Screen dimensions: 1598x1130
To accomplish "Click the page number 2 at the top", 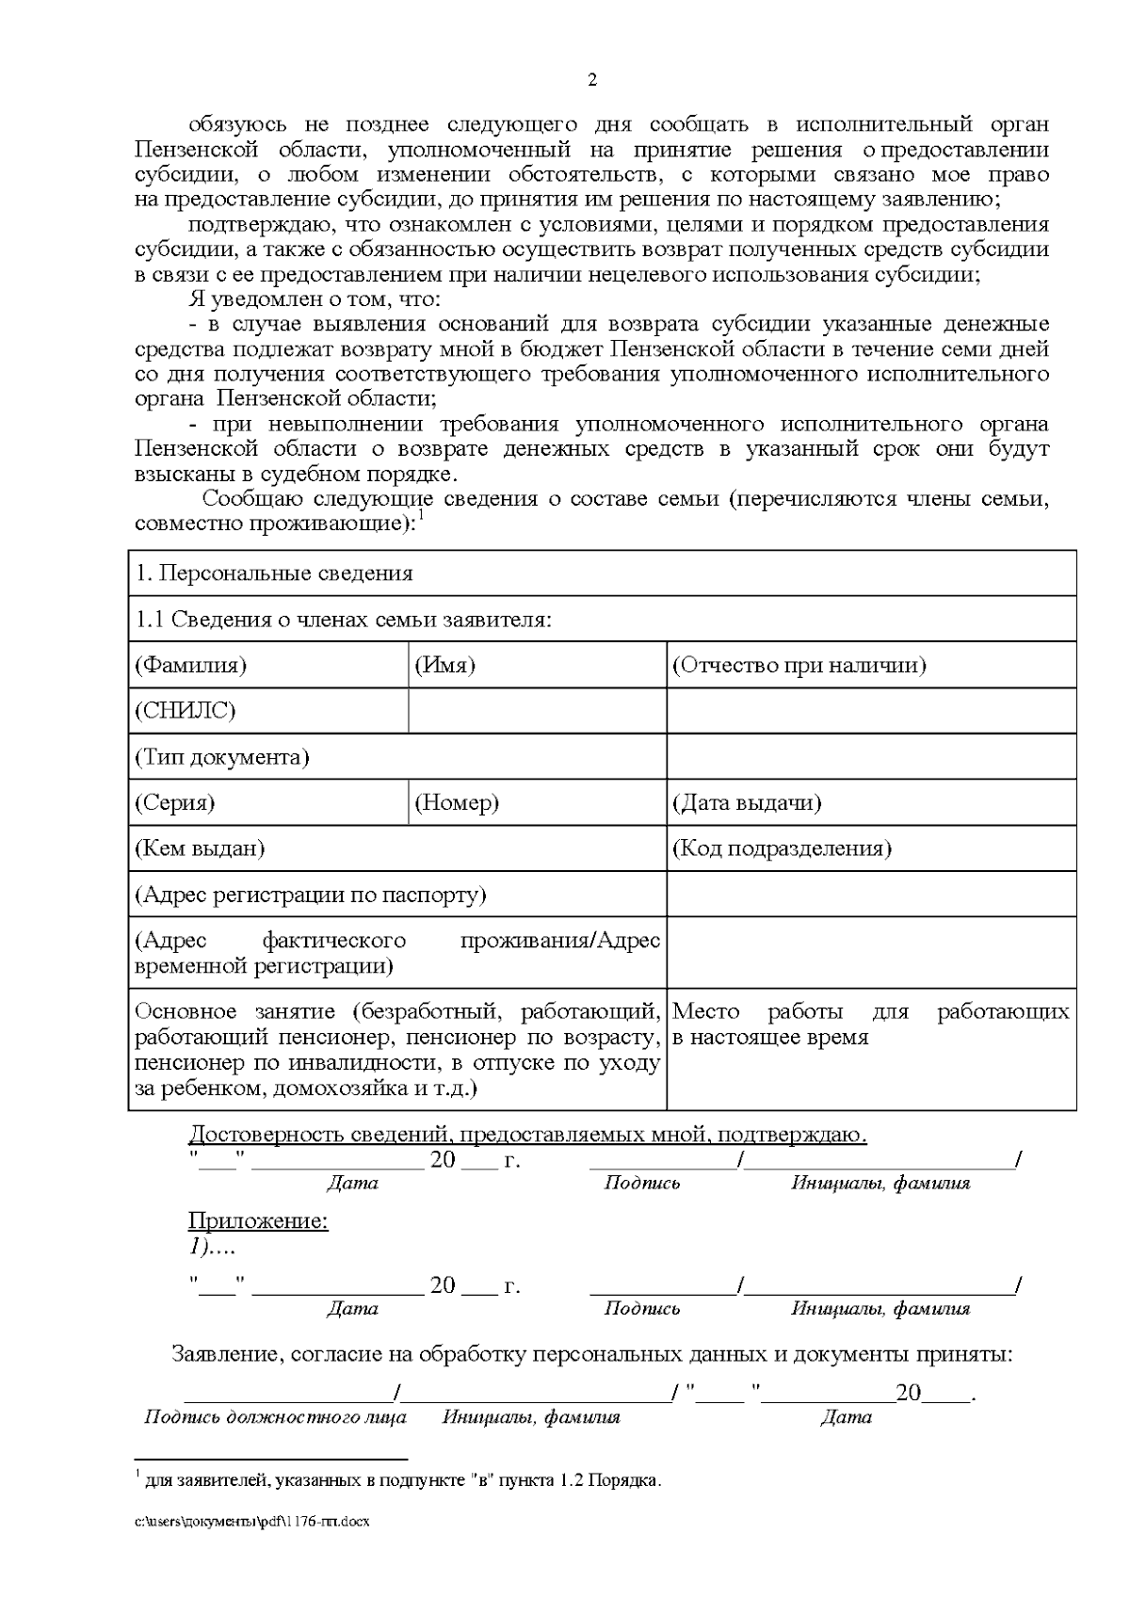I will (x=591, y=80).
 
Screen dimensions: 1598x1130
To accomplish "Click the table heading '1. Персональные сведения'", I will (x=274, y=573).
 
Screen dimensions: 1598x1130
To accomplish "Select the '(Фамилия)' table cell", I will (x=190, y=666).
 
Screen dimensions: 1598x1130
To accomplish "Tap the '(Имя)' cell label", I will (x=444, y=666).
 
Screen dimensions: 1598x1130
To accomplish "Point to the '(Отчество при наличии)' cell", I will (x=799, y=666).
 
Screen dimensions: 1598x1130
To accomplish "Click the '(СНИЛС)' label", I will (x=185, y=711).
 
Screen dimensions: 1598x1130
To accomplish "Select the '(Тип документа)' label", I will (x=222, y=757).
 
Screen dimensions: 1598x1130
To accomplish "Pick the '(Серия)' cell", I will (x=175, y=803).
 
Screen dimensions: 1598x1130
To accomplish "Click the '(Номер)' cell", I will (x=457, y=803).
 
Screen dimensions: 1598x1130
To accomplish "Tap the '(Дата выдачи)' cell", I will (x=746, y=803).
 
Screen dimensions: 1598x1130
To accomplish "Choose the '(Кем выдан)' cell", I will (x=200, y=848).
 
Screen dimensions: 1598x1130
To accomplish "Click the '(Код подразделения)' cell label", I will (x=782, y=848).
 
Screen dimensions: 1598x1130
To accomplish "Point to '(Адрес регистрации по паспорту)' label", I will (x=311, y=895).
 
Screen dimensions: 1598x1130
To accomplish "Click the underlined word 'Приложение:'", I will (x=258, y=1222).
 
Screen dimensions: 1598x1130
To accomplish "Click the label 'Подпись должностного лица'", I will (x=275, y=1417).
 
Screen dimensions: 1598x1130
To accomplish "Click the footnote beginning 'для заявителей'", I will (x=402, y=1481).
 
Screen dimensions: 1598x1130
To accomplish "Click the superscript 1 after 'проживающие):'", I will (x=421, y=516).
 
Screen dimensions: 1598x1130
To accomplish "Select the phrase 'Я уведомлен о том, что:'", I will (x=315, y=300).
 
